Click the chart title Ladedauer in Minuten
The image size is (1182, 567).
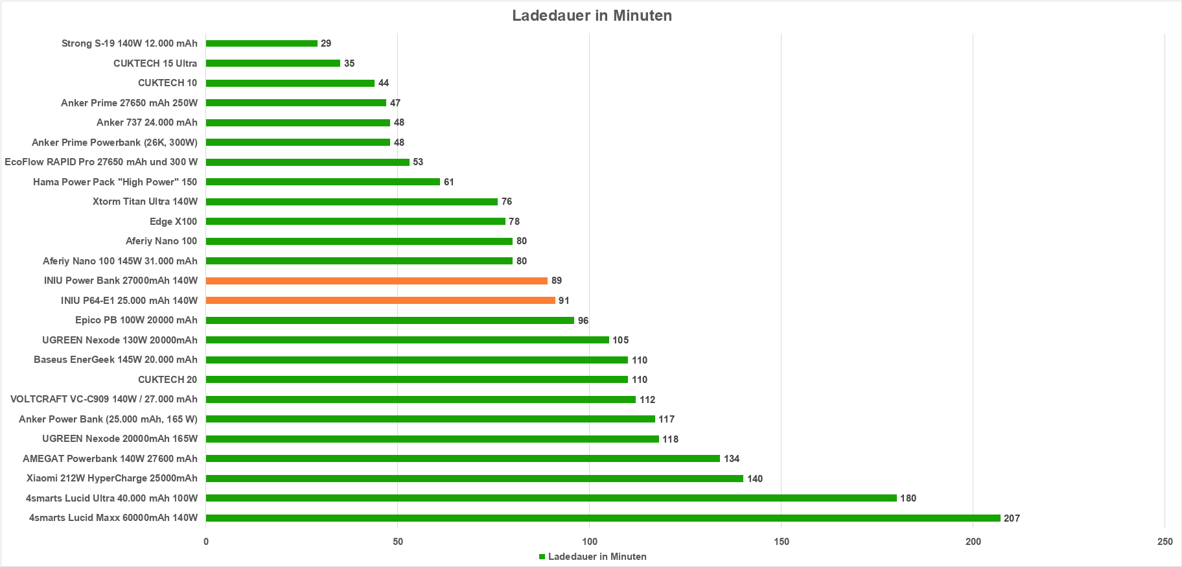point(592,16)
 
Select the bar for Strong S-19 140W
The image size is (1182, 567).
point(262,43)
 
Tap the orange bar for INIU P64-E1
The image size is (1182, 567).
point(380,301)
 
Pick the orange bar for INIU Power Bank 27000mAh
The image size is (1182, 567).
point(377,281)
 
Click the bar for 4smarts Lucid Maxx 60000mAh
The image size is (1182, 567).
point(603,518)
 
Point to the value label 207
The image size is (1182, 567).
point(1012,518)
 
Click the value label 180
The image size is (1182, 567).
point(908,498)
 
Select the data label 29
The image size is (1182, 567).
point(326,43)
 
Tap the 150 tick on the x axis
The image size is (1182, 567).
point(782,542)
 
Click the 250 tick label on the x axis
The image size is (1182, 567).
point(1165,542)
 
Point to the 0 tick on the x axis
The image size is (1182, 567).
point(206,542)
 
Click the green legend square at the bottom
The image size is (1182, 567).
point(542,557)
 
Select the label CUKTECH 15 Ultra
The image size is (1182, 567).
point(155,64)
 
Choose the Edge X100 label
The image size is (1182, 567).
point(173,222)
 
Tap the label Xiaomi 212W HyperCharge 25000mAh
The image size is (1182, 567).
point(112,478)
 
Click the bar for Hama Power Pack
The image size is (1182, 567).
point(323,182)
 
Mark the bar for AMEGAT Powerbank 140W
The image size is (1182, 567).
point(463,459)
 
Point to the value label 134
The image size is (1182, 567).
point(732,459)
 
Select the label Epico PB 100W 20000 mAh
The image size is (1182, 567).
point(136,320)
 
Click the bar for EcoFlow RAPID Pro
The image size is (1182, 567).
point(308,162)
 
